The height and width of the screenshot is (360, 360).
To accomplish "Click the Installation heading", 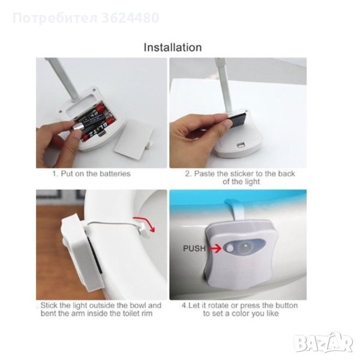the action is point(173,47).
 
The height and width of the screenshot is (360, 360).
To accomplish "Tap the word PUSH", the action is point(194,248).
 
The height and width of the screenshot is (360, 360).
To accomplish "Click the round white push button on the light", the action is point(229,248).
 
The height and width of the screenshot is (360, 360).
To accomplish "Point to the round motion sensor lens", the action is point(245,247).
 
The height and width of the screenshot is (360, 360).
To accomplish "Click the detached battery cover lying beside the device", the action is point(134,138).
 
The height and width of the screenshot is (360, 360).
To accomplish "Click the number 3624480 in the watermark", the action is point(130,18).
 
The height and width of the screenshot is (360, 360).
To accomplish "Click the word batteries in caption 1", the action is point(115,173).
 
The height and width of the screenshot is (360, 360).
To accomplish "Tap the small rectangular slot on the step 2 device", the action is point(241,145).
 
